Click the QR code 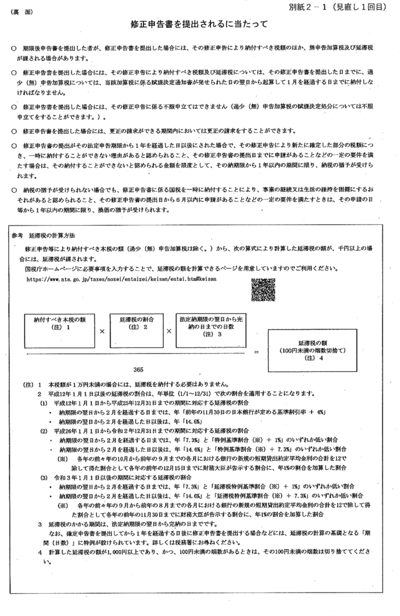click(263, 291)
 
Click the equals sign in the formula click(256, 351)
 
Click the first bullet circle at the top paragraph click(14, 47)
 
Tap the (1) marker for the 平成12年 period click(43, 402)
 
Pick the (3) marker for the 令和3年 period click(43, 476)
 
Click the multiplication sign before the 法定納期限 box click(169, 331)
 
